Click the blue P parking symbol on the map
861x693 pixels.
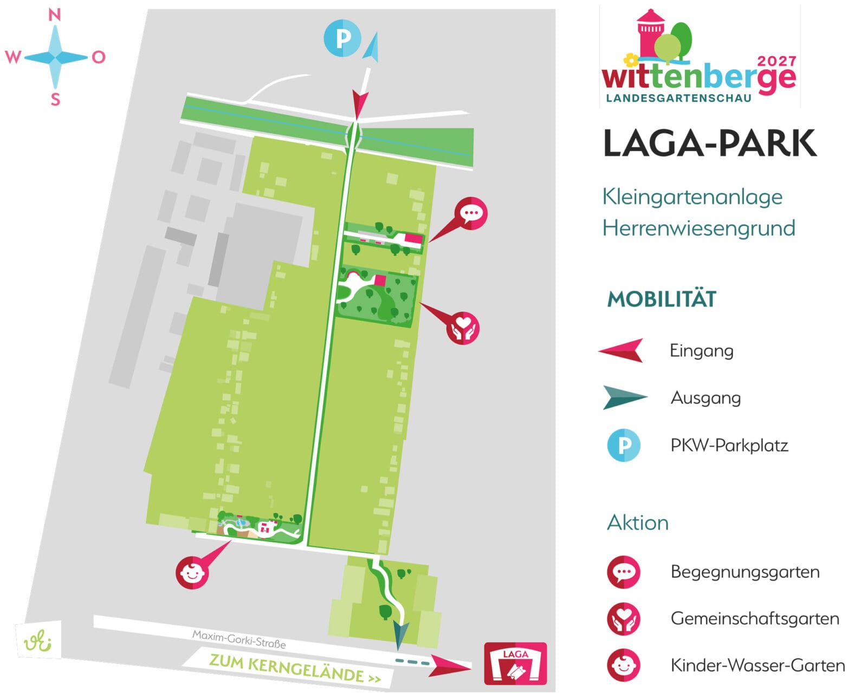pyautogui.click(x=342, y=38)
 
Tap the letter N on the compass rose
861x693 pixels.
pyautogui.click(x=55, y=15)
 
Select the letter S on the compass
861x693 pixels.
pyautogui.click(x=55, y=100)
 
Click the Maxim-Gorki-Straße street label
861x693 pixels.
pyautogui.click(x=239, y=639)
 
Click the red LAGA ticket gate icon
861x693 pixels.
pyautogui.click(x=515, y=664)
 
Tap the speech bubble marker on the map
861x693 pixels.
pyautogui.click(x=470, y=213)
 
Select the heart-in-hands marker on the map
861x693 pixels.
pyautogui.click(x=462, y=328)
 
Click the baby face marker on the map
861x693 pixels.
pyautogui.click(x=192, y=572)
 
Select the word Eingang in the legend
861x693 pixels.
pyautogui.click(x=701, y=351)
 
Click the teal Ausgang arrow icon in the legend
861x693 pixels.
pyautogui.click(x=624, y=398)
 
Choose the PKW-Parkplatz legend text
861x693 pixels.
pyautogui.click(x=729, y=446)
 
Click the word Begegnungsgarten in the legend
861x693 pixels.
pyautogui.click(x=745, y=572)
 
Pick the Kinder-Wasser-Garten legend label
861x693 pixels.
pyautogui.click(x=757, y=665)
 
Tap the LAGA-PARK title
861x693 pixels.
pyautogui.click(x=709, y=143)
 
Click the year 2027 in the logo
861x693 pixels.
pyautogui.click(x=776, y=61)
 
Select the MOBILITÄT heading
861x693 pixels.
pyautogui.click(x=662, y=299)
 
